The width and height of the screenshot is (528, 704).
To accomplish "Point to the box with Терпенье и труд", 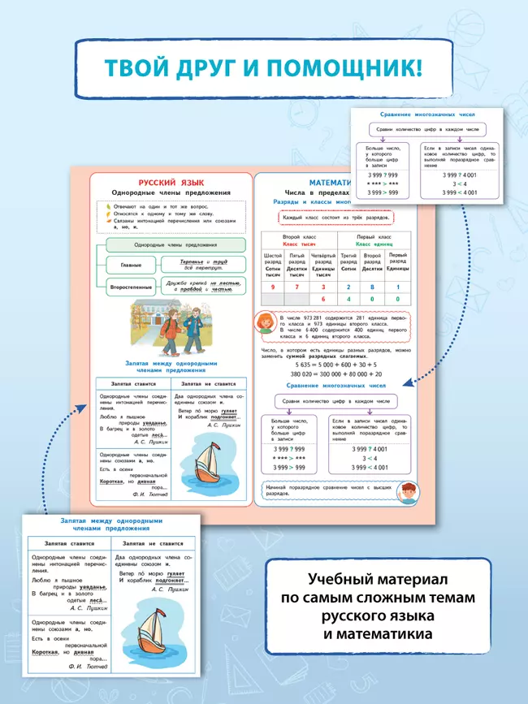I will point(203,264).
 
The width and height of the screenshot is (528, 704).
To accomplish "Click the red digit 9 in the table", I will point(273,287).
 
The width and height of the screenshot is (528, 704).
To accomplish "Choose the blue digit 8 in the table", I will point(373,287).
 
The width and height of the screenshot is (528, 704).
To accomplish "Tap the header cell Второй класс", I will point(297,240).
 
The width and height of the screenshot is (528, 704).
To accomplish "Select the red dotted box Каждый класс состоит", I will point(335,217).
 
